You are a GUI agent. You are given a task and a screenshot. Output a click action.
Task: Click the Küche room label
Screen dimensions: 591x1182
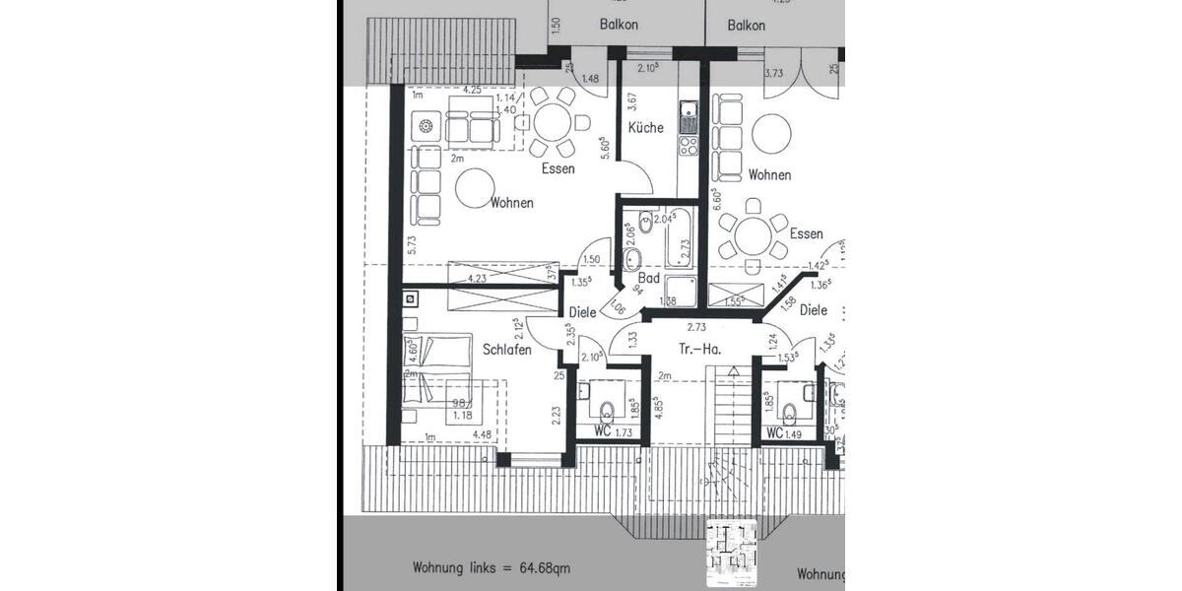coord(646,127)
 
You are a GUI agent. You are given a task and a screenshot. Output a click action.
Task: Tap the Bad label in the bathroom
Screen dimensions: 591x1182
coord(648,279)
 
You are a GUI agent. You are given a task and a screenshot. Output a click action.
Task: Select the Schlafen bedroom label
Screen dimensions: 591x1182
coord(507,349)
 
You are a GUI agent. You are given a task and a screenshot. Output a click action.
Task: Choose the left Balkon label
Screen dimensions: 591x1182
coord(619,26)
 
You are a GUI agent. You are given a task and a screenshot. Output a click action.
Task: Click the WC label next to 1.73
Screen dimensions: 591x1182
coord(603,431)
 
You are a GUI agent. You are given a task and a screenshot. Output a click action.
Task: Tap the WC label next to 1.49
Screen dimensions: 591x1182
coord(774,431)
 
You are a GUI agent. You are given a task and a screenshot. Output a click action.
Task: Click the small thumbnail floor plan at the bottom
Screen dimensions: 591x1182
coord(732,552)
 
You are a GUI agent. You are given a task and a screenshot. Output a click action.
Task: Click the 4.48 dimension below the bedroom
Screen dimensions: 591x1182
coord(482,434)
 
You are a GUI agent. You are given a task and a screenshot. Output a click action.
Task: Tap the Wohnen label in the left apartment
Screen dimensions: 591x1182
coord(511,203)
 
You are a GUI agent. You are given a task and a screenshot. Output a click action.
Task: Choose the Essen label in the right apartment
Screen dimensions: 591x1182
coord(806,233)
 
